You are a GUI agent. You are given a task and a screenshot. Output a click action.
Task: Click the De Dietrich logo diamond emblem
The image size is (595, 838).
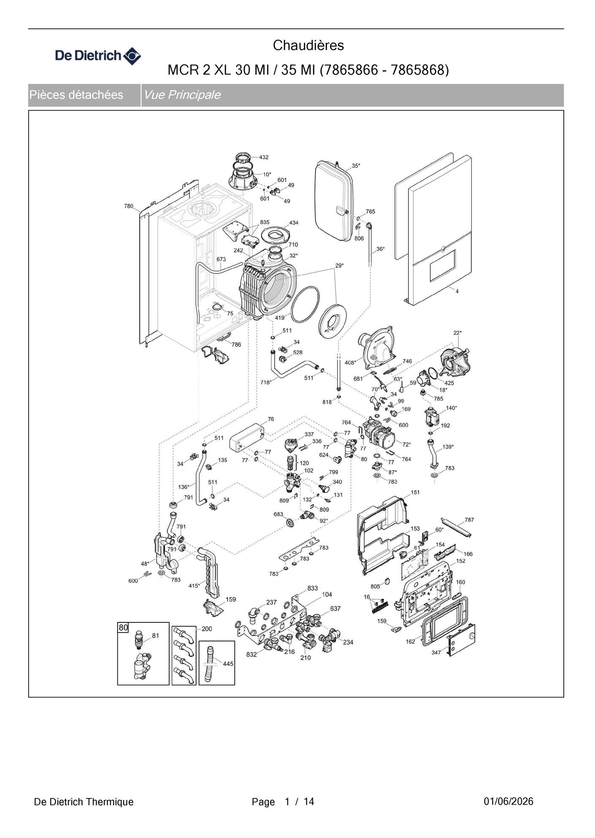click(133, 56)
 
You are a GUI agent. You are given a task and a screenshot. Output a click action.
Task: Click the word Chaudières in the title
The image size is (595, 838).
click(308, 45)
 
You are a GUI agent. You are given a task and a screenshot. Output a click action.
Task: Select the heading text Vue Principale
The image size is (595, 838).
click(182, 95)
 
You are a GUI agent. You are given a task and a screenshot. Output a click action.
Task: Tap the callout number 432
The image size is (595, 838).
click(264, 157)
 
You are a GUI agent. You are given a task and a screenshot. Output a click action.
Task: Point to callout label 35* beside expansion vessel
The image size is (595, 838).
click(356, 166)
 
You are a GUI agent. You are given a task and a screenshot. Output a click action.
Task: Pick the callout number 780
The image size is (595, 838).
click(129, 206)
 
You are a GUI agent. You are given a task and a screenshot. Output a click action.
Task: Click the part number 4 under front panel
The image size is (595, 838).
click(457, 291)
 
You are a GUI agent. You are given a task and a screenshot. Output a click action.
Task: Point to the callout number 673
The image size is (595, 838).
click(221, 260)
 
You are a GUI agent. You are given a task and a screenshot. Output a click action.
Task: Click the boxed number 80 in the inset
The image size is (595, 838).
click(123, 628)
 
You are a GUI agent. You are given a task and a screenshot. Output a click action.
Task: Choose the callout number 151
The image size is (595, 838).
click(415, 492)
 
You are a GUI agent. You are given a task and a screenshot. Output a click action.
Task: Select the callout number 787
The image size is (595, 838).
click(469, 520)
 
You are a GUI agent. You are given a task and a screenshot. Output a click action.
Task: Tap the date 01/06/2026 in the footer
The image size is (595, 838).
click(508, 801)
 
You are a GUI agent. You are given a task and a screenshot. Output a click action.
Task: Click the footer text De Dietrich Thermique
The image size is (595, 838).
click(84, 802)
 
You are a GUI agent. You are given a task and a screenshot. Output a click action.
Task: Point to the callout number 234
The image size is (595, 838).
click(348, 642)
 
